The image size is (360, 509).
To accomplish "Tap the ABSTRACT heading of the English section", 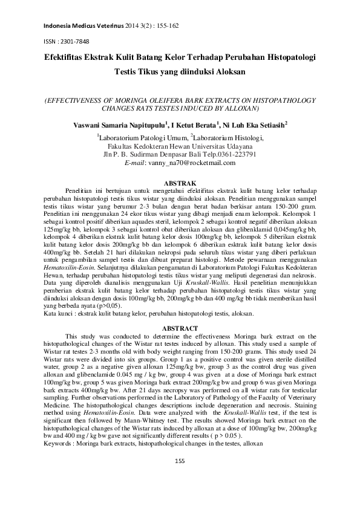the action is point(180,328).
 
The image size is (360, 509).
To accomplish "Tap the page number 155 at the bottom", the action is point(180,478).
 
